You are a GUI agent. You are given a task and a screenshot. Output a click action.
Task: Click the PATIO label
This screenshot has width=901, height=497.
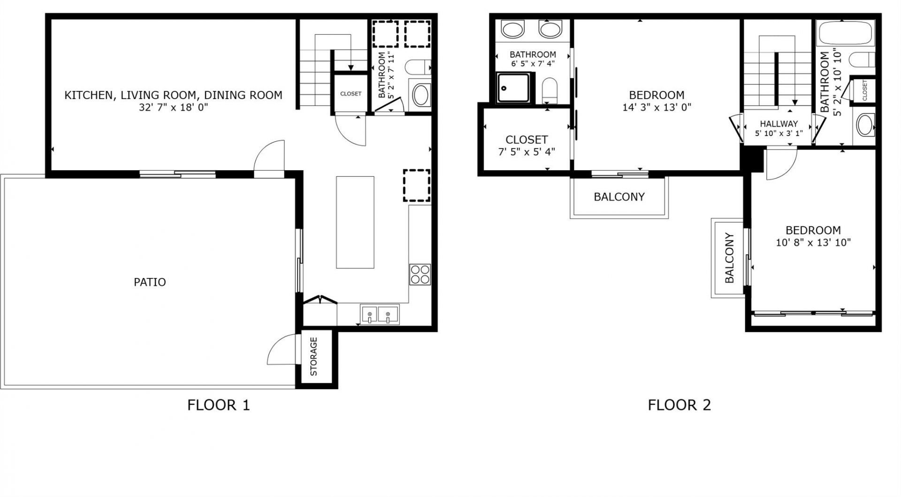coord(150,282)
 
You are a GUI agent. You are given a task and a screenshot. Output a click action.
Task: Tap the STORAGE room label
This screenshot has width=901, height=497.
coord(314,356)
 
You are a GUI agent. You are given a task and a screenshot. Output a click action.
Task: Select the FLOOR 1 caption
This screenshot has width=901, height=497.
coord(218,405)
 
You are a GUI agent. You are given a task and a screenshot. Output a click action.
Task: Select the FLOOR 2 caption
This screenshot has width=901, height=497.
coord(679,405)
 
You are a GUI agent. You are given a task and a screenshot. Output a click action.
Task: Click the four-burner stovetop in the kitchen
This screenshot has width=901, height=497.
coord(420,274)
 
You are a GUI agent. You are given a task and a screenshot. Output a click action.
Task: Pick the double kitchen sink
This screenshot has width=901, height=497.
coord(379,314)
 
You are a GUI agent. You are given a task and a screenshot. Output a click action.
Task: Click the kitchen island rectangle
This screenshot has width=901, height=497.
coord(355,222)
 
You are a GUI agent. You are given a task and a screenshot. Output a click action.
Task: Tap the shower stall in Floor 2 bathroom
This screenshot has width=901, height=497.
coord(515,88)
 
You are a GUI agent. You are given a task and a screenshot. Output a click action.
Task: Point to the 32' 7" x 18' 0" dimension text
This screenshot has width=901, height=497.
coord(173,107)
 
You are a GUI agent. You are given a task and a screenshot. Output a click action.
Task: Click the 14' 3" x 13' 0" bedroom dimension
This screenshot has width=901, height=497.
coord(657,107)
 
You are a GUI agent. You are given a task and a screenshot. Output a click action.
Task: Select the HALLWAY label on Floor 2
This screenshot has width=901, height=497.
coord(779,124)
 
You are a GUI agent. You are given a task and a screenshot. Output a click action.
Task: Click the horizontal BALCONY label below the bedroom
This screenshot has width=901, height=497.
coord(619,197)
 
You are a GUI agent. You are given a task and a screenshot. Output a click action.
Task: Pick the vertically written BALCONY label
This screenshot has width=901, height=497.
coord(729,258)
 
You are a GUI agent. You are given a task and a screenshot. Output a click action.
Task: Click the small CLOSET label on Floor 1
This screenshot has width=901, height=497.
coord(351,94)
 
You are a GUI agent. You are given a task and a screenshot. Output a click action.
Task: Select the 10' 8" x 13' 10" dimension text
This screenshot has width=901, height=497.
coord(813,243)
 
